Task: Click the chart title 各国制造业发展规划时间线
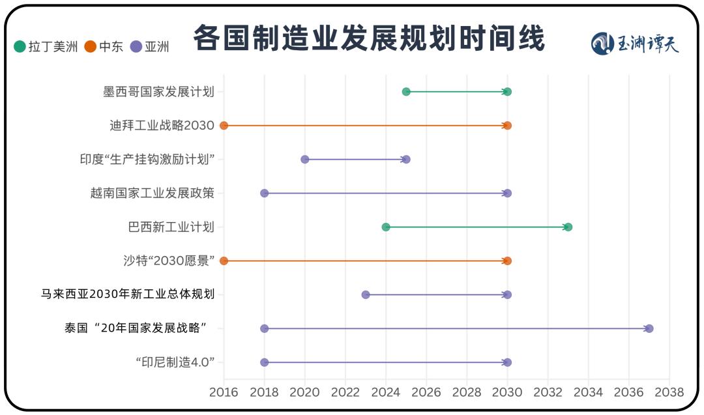[x=368, y=38]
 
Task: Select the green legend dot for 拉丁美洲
[x=20, y=46]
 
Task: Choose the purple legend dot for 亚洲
[x=136, y=46]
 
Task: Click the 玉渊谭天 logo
[x=635, y=44]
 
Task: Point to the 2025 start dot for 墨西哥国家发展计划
[x=406, y=92]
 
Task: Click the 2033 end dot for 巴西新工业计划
[x=568, y=227]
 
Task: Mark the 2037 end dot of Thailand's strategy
[x=649, y=328]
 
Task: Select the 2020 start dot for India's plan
[x=304, y=160]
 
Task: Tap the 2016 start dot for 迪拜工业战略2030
[x=224, y=126]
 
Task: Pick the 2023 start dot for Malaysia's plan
[x=366, y=294]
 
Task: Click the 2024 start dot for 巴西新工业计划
[x=386, y=227]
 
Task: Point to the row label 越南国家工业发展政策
[x=152, y=193]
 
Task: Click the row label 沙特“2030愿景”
[x=169, y=261]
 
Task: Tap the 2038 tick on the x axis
[x=669, y=392]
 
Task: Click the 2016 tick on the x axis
[x=224, y=392]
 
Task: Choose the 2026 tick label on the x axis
[x=426, y=392]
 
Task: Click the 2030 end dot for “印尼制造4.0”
[x=507, y=362]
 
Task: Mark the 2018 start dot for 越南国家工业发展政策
[x=264, y=193]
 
